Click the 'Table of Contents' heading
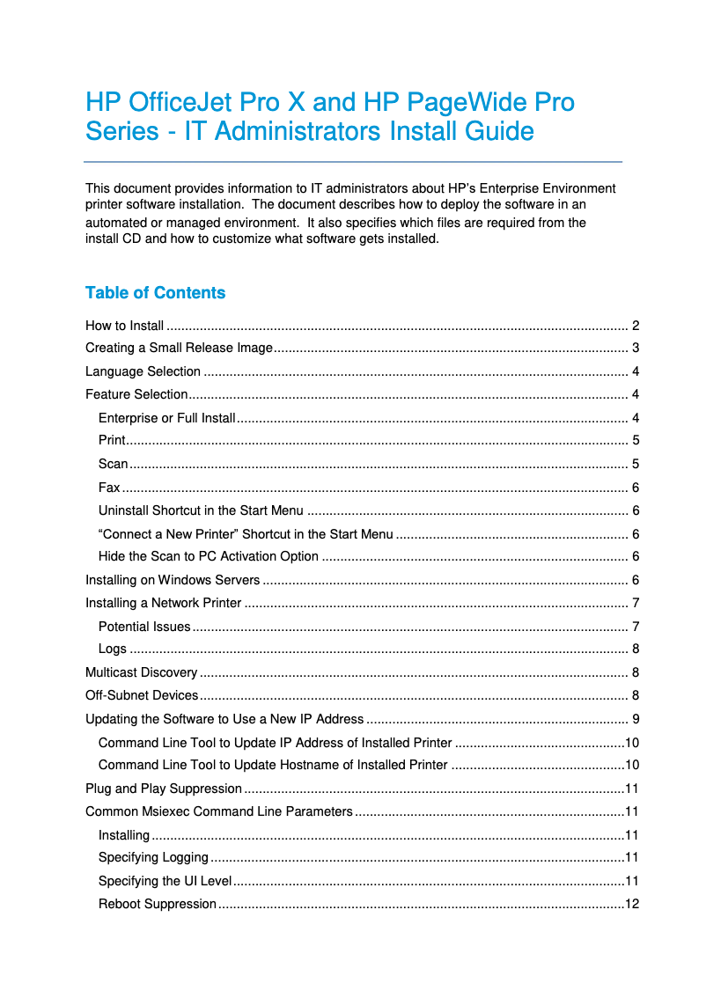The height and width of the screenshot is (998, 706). (x=155, y=293)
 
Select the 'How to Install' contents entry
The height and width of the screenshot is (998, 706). (x=124, y=326)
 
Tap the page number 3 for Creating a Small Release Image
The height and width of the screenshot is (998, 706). (x=635, y=348)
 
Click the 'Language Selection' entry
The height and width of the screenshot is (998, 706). (x=143, y=371)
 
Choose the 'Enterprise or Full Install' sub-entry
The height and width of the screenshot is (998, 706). (x=166, y=417)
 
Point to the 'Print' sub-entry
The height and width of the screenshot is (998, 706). (x=112, y=440)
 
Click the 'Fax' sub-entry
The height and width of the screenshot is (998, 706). (x=109, y=488)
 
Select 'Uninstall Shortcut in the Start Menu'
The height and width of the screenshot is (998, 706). (x=201, y=510)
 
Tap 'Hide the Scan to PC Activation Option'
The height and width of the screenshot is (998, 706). (x=209, y=556)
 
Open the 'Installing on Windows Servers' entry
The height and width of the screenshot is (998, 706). (x=173, y=580)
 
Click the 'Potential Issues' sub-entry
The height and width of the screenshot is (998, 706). (x=144, y=627)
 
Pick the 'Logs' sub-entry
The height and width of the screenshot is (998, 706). (x=113, y=649)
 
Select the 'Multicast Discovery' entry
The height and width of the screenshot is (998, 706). (x=141, y=672)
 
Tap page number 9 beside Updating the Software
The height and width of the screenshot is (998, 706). (x=635, y=719)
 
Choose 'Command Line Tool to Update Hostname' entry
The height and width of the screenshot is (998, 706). (x=273, y=765)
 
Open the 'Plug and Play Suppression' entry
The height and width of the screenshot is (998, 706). (x=164, y=789)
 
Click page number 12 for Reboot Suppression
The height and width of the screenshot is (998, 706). (x=631, y=904)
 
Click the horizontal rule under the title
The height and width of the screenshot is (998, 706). (x=353, y=162)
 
